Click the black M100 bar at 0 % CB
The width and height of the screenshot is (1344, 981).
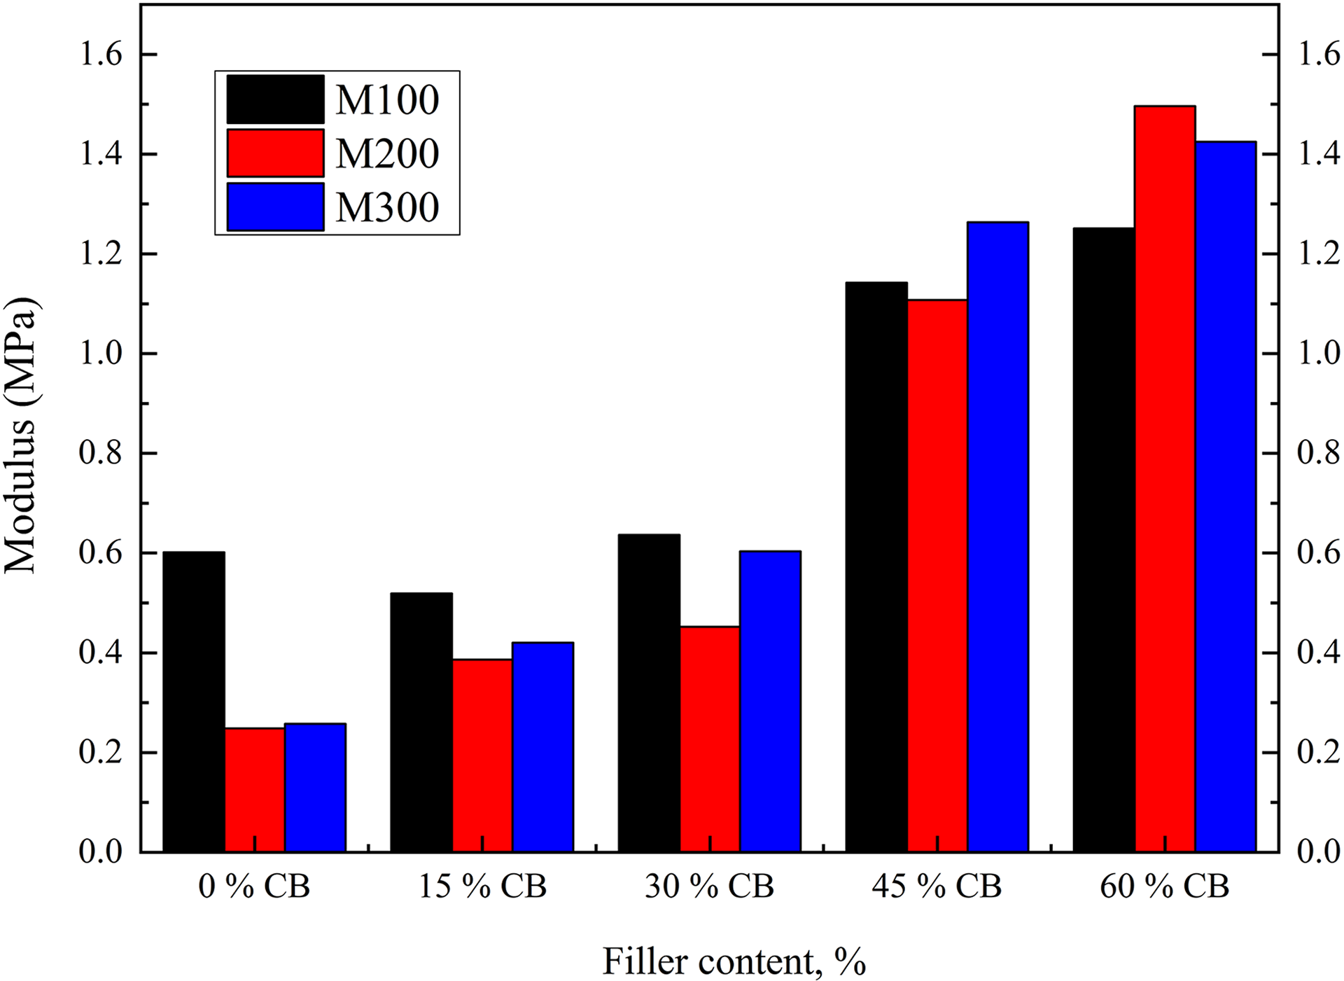(194, 702)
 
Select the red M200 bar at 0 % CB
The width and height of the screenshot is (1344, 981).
(255, 790)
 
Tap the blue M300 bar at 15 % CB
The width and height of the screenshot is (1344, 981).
(543, 747)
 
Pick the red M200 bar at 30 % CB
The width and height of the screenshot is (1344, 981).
(710, 739)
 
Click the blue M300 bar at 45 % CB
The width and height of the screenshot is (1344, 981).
(998, 537)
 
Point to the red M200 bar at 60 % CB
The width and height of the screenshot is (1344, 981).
(1165, 479)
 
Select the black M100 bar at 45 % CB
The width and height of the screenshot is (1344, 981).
(876, 567)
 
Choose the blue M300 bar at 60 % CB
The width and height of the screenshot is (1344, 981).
(1226, 496)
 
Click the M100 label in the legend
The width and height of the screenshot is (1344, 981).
(387, 99)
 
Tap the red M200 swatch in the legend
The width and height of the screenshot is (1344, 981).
(276, 153)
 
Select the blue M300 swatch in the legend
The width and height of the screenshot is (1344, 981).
(276, 207)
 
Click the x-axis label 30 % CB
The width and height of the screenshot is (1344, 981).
(709, 886)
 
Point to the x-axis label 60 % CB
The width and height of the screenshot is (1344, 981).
(1164, 886)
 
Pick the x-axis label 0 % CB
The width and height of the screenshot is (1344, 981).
(254, 886)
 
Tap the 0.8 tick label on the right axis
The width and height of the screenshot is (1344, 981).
(1319, 453)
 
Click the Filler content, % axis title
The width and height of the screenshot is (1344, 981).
(734, 961)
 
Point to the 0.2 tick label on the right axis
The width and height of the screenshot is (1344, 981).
(1319, 753)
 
